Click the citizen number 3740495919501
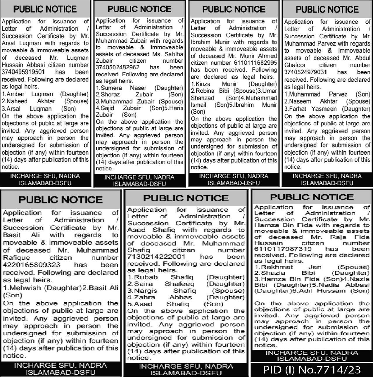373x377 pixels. pos(23,72)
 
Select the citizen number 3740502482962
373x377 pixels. pos(118,68)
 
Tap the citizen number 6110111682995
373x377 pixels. pos(255,63)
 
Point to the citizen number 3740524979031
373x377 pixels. pos(305,72)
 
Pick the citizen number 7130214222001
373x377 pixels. pos(156,257)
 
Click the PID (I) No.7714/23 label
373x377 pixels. pos(312,370)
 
